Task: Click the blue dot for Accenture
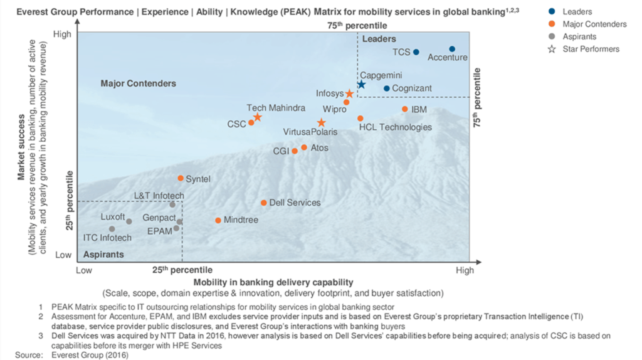[x=452, y=49]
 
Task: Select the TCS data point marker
[x=416, y=52]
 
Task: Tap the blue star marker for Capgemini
[x=361, y=84]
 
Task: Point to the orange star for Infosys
[x=350, y=93]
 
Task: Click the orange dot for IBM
[x=404, y=109]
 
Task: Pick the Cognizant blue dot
[x=387, y=88]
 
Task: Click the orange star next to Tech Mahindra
[x=257, y=117]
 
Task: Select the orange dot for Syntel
[x=181, y=179]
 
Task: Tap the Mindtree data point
[x=218, y=220]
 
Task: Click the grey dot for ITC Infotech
[x=112, y=229]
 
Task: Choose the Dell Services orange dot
[x=264, y=203]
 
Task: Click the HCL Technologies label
[x=395, y=127]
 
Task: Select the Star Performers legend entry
[x=591, y=49]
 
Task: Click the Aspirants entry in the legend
[x=579, y=36]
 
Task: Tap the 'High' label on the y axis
[x=62, y=34]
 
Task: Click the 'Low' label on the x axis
[x=84, y=270]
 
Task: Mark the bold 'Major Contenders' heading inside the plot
[x=139, y=83]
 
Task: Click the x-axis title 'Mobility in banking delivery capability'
[x=273, y=282]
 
